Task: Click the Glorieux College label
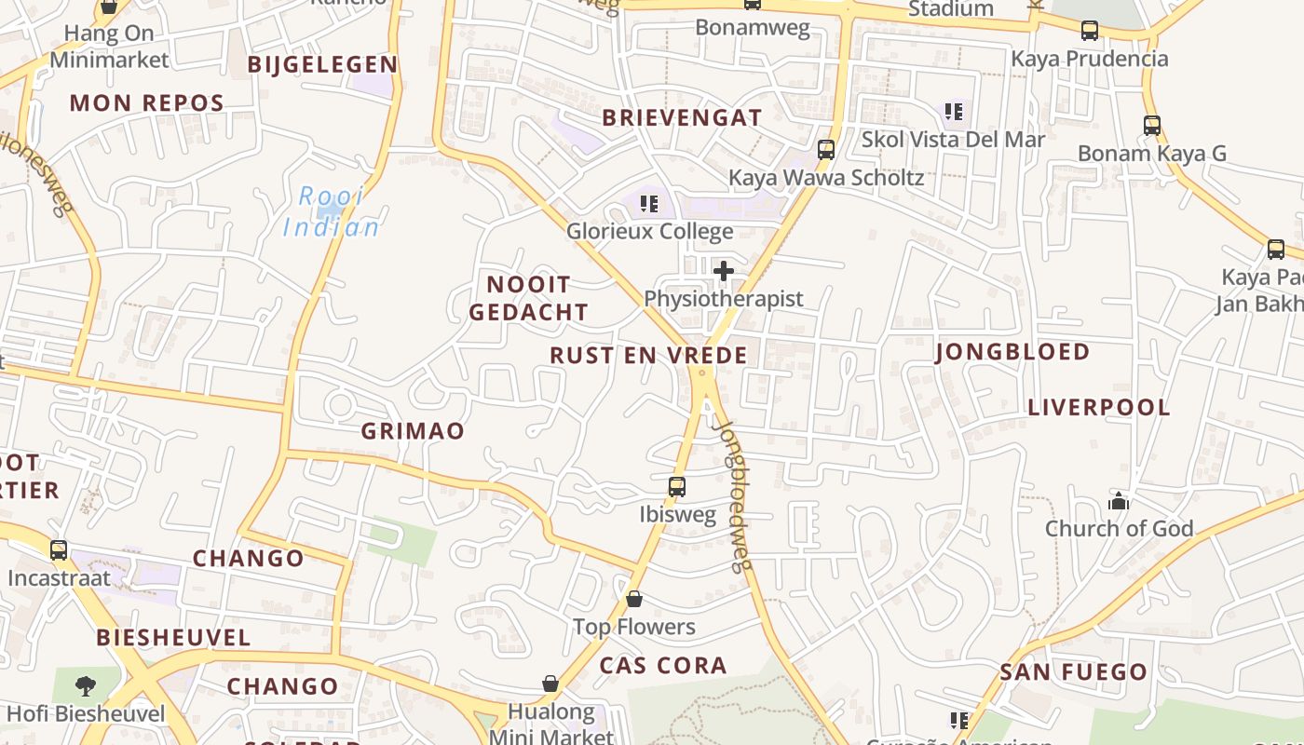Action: click(649, 231)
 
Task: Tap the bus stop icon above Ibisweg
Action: click(677, 486)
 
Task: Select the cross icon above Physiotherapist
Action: click(723, 271)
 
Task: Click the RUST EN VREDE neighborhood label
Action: click(648, 355)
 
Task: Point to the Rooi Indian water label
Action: click(332, 212)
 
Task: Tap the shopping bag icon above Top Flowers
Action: click(634, 598)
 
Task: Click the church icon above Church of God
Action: click(1119, 501)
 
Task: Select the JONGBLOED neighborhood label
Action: click(1012, 351)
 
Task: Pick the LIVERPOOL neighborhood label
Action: click(1099, 407)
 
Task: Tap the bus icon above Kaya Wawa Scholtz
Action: click(825, 149)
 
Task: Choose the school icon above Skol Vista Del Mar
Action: click(953, 112)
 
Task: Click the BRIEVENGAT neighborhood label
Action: click(682, 117)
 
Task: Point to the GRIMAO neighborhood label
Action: click(412, 431)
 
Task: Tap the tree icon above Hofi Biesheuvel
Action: click(85, 686)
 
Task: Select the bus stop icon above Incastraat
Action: click(59, 549)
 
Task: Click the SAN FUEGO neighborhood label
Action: click(1074, 671)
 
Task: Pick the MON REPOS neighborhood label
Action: click(147, 102)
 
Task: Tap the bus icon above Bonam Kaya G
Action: click(1152, 125)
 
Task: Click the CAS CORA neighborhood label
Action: click(663, 665)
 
